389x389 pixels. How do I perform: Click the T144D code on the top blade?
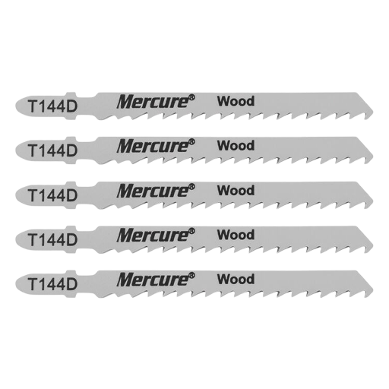coord(52,106)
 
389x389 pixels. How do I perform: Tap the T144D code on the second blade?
coord(52,150)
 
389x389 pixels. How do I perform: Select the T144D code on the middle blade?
coord(52,195)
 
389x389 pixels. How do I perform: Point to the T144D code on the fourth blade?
coord(52,240)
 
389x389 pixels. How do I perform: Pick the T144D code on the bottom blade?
coord(52,284)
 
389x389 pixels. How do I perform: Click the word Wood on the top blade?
coord(236,101)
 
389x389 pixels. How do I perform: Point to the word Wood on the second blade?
coord(236,146)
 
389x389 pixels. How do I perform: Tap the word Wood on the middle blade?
coord(236,191)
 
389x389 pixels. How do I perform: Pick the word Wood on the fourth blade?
coord(236,235)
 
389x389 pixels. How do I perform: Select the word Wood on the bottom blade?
coord(236,280)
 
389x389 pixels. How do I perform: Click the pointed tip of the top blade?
coord(373,112)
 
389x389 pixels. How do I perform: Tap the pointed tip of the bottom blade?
coord(373,289)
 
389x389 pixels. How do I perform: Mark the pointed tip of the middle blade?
coord(373,201)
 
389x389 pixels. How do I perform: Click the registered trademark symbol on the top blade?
coord(192,97)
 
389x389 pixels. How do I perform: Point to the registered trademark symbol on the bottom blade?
coord(192,275)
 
